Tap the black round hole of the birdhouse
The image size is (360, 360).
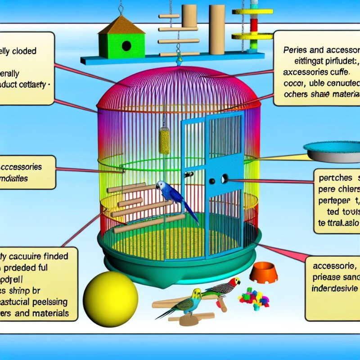[x=126, y=46]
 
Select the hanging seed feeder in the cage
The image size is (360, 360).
[x=165, y=140]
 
